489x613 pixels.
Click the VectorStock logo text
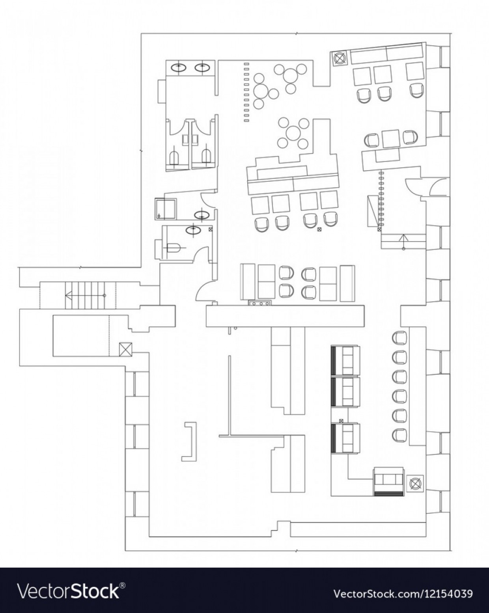coord(70,591)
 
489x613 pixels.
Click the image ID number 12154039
coord(403,593)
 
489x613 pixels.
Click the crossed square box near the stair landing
coord(126,350)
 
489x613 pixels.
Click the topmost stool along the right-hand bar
coord(399,337)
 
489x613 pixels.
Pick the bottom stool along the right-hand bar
coord(399,434)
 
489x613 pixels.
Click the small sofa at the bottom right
coord(389,481)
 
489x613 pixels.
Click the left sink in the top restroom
coord(179,67)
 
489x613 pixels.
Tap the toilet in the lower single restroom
coord(173,248)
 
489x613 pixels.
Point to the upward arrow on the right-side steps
coord(403,239)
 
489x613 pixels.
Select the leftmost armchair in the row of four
coord(261,224)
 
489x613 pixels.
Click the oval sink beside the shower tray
coord(202,215)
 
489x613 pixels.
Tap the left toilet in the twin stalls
coord(175,157)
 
